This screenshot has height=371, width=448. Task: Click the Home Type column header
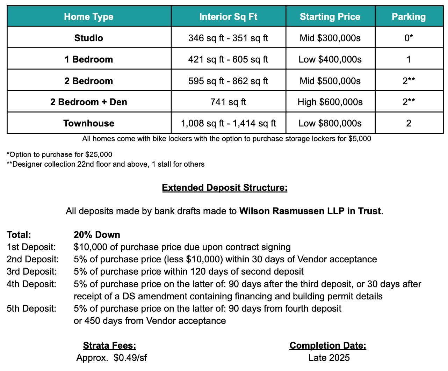(x=89, y=17)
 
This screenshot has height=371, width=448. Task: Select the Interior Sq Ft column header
(x=228, y=17)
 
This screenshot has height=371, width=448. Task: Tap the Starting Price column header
(x=330, y=17)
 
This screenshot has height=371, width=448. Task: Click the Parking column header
(x=409, y=17)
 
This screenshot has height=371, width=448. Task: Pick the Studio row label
(x=89, y=38)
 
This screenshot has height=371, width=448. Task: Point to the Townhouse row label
(x=89, y=123)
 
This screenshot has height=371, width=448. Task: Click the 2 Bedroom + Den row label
(x=89, y=102)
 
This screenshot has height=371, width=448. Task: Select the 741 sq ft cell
(x=228, y=102)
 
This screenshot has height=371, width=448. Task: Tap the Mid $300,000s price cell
(x=330, y=38)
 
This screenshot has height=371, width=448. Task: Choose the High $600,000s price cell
(x=330, y=102)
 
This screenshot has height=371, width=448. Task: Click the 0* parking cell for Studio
(x=409, y=38)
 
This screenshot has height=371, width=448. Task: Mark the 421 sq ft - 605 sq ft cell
(x=228, y=59)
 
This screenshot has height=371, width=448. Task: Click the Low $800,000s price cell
(x=330, y=123)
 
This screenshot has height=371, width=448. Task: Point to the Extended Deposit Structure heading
(x=224, y=188)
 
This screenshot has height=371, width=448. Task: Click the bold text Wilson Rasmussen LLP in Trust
(x=310, y=211)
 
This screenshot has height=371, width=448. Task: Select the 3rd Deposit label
(x=31, y=271)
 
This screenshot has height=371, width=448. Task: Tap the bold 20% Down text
(x=97, y=235)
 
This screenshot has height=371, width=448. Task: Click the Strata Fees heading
(x=109, y=345)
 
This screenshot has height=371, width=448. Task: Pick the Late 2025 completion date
(x=329, y=358)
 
